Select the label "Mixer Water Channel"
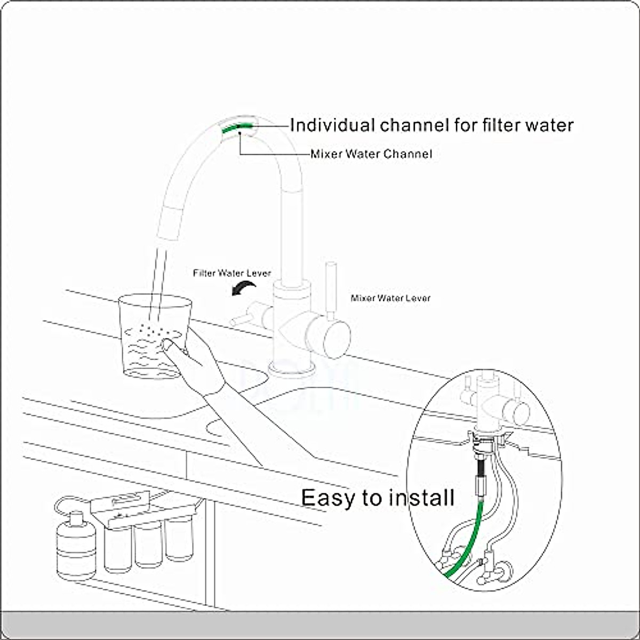click(x=371, y=154)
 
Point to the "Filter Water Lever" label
click(x=232, y=274)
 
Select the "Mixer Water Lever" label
click(x=390, y=298)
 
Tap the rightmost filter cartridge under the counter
click(x=179, y=541)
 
